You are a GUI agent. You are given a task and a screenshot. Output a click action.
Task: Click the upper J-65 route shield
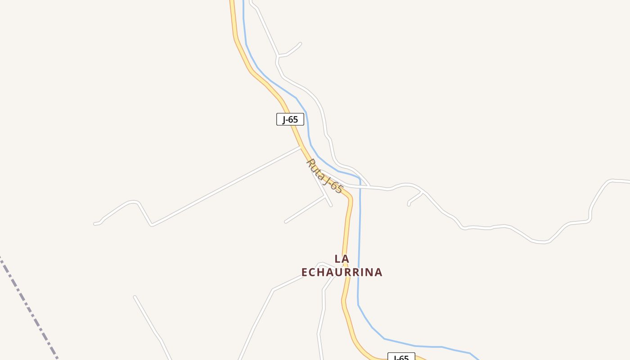coord(290,119)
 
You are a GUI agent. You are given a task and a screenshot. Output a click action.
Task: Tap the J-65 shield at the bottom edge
coord(401,357)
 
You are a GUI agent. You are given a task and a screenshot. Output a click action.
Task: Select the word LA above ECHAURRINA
coord(342,259)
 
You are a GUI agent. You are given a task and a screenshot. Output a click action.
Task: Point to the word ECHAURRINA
coord(342,272)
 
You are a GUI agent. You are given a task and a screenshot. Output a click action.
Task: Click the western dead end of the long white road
coord(95,223)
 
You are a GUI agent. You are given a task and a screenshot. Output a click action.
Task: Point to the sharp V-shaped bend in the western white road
coord(152,224)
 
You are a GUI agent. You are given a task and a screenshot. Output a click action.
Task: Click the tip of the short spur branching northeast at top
coord(300,44)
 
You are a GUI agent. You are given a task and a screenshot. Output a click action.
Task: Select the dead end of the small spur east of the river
coord(409,205)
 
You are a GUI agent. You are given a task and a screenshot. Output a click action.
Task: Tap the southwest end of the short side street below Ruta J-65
coord(286,222)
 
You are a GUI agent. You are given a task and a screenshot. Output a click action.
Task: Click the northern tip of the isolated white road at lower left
coord(135,297)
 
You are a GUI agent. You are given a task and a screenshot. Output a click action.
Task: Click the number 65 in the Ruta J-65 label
coord(337,187)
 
